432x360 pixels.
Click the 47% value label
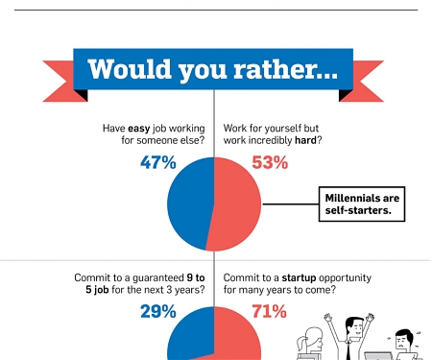tap(158, 163)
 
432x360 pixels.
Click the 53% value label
tap(270, 163)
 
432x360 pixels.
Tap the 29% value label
tap(158, 311)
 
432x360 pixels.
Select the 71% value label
tap(269, 311)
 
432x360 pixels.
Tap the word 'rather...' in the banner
tap(288, 70)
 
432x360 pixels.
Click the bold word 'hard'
tap(306, 140)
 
